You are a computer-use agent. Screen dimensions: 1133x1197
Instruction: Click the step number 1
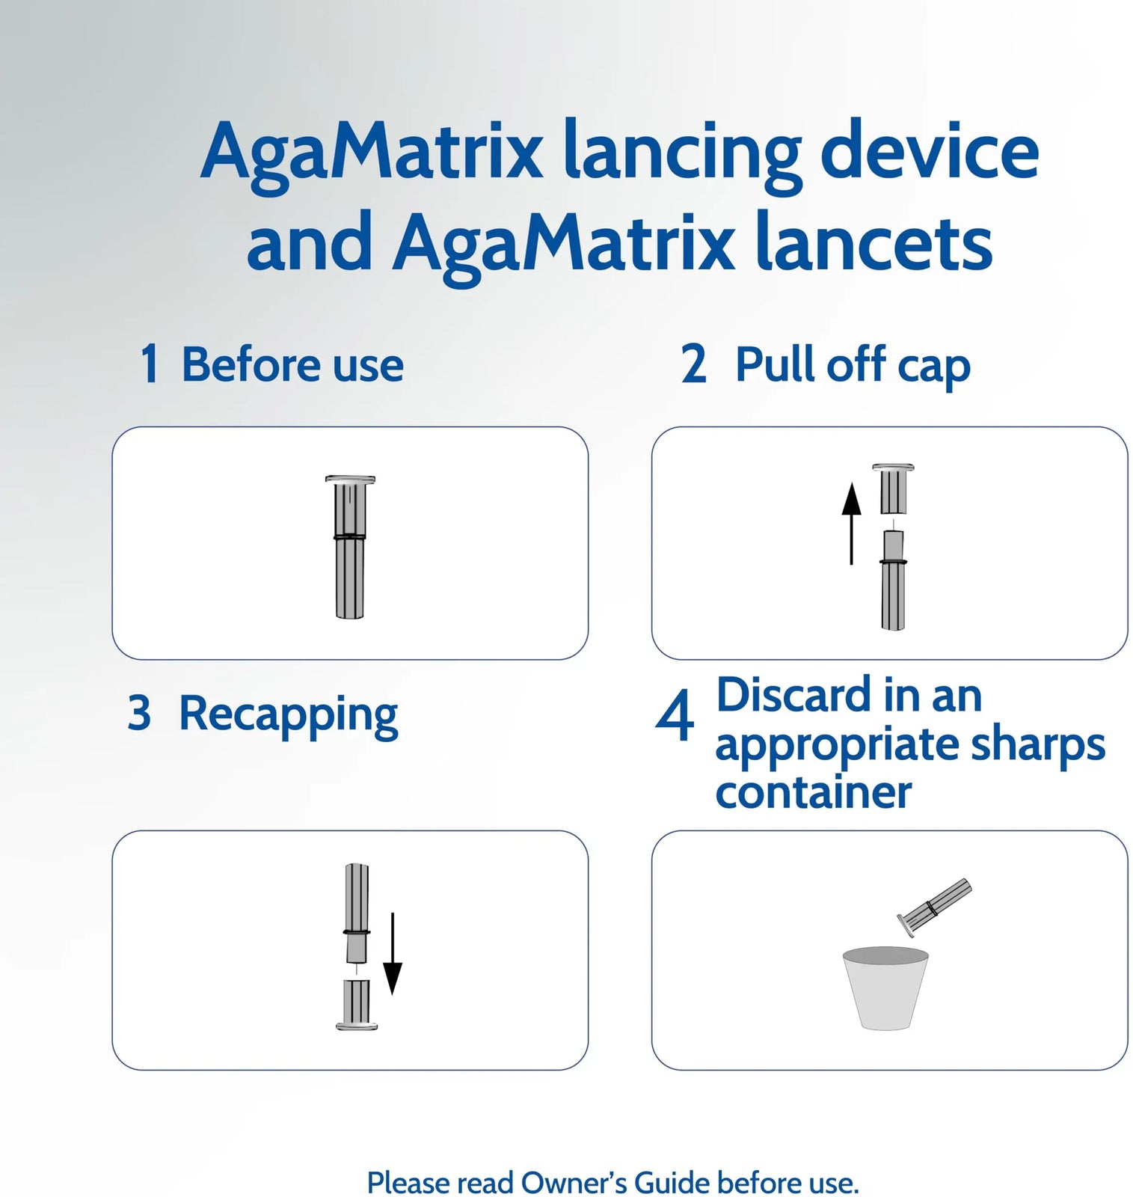coord(150,364)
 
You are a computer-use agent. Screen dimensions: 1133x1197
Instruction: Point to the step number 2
coord(693,364)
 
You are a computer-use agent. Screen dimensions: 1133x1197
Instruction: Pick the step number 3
coord(139,712)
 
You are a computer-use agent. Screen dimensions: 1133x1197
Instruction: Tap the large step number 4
coord(675,716)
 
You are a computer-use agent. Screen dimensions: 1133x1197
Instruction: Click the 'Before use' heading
coord(292,364)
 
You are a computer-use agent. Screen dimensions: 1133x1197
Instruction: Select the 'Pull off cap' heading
coord(853,366)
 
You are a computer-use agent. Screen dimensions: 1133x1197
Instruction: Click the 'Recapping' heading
coord(288,715)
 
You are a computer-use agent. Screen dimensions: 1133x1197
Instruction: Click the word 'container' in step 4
coord(813,792)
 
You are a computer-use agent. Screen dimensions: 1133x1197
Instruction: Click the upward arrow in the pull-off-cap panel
coord(851,524)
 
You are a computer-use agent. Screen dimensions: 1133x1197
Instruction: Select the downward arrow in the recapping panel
coord(393,954)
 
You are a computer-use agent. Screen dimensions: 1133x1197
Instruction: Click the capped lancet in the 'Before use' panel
coord(350,547)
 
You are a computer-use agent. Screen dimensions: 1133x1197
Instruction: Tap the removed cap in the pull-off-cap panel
coord(893,489)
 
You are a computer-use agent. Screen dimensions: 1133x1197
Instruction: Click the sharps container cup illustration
coord(885,988)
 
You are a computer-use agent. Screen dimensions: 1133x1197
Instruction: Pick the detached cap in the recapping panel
coord(357,1005)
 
